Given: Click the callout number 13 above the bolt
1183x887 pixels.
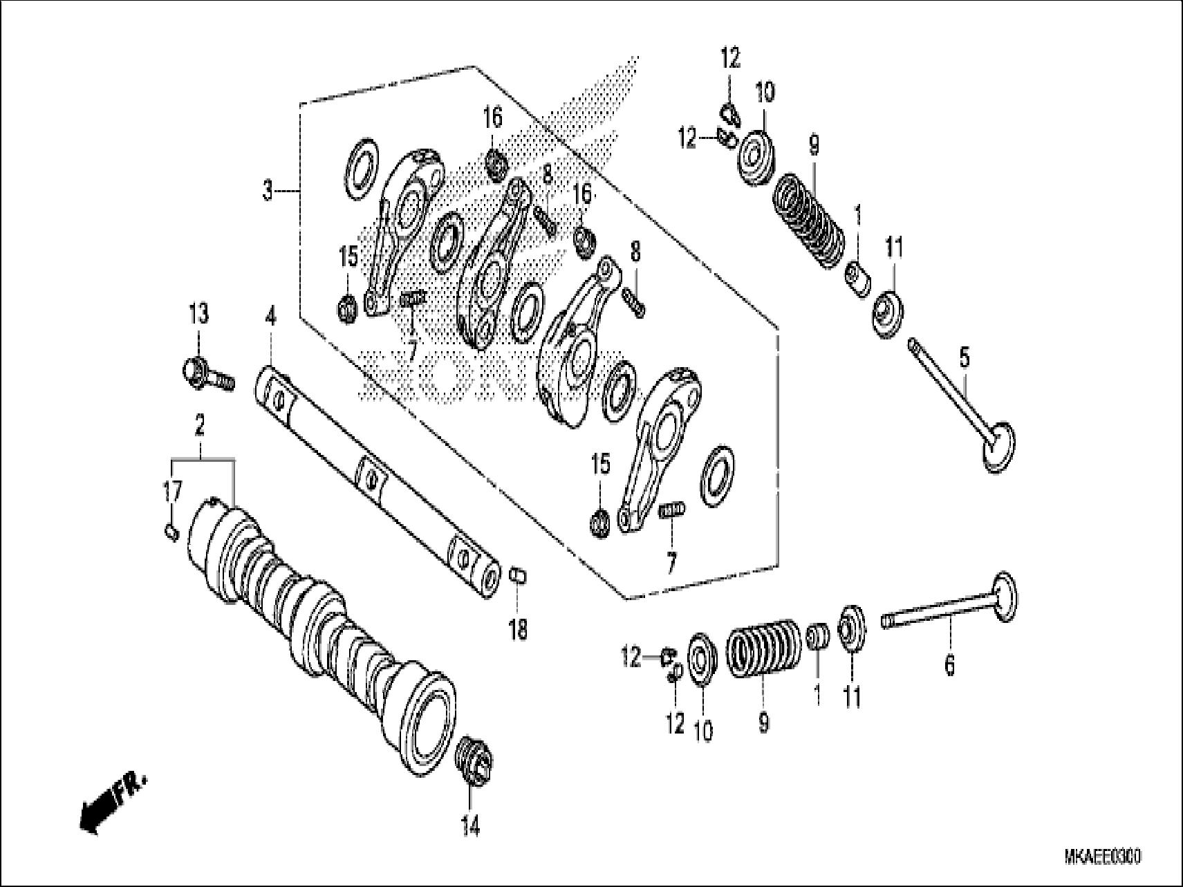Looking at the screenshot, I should coord(198,315).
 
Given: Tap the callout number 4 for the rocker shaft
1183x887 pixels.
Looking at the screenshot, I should coord(270,317).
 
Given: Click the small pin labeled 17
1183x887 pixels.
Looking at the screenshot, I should coord(173,532).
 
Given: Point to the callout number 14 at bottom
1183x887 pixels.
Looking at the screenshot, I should coord(470,826).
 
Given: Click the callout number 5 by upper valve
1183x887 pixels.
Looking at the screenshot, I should coord(965,358).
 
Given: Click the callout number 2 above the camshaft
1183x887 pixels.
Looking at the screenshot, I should coord(200,426).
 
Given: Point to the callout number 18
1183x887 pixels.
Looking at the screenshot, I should coord(518,629).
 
